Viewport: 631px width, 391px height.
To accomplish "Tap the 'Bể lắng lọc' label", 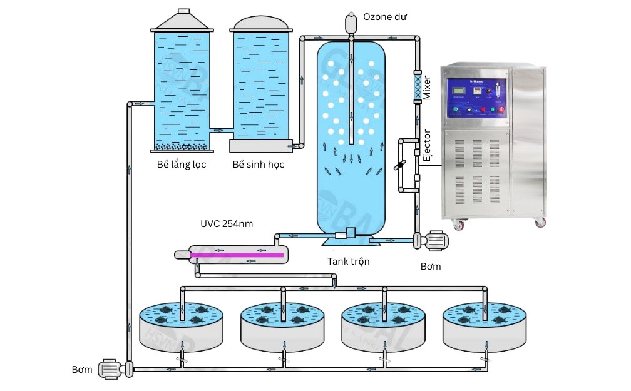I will pyautogui.click(x=182, y=165).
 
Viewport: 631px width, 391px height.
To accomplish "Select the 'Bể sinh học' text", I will pyautogui.click(x=259, y=165).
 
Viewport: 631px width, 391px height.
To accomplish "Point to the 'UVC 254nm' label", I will pyautogui.click(x=227, y=224).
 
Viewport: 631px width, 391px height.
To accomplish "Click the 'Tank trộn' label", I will pyautogui.click(x=349, y=262).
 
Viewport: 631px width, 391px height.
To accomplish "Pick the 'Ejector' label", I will pyautogui.click(x=427, y=146).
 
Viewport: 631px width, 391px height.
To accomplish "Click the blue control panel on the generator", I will pyautogui.click(x=475, y=97).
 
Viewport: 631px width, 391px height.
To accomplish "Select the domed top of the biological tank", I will pyautogui.click(x=261, y=23).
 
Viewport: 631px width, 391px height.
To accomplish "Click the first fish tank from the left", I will pyautogui.click(x=182, y=328).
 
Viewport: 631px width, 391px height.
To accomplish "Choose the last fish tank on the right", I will pyautogui.click(x=485, y=328).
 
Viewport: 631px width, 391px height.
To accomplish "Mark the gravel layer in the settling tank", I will pyautogui.click(x=182, y=147).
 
